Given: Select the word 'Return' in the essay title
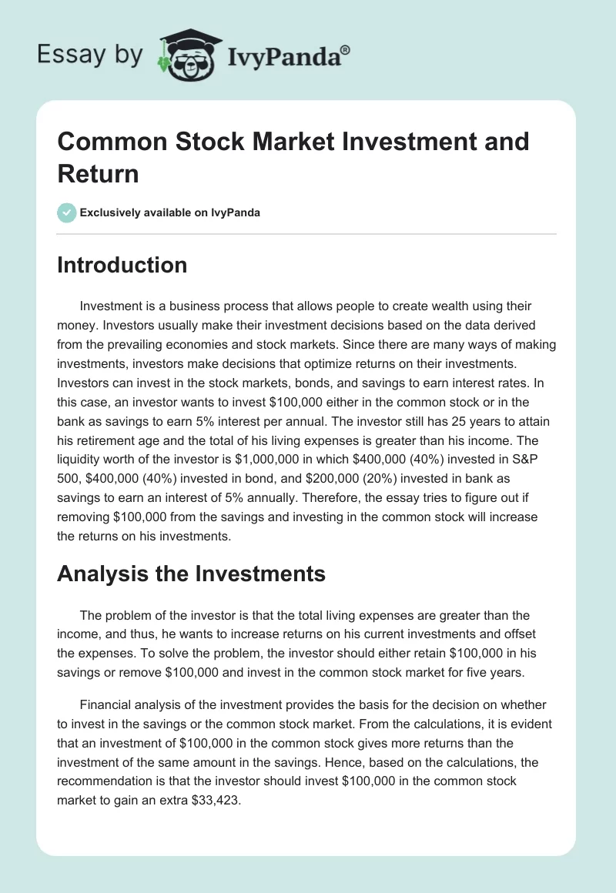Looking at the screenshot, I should pos(99,173).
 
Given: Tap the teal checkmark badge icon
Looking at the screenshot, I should pos(67,212).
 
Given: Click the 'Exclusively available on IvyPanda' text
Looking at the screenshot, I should pos(171,212).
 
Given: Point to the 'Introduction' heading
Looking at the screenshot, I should pos(122,265).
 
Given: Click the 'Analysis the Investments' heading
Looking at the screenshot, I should pos(192,574).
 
